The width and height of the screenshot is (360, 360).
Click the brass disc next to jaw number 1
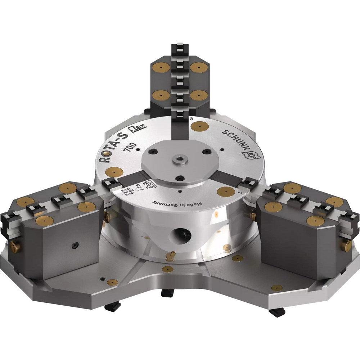pos(224,192)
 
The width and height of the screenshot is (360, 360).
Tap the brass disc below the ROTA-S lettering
pos(112,172)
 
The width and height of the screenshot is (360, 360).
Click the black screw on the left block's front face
pos(74,245)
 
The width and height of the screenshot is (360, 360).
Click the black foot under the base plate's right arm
pos(276,312)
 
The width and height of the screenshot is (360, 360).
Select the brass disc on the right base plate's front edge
pos(276,288)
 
